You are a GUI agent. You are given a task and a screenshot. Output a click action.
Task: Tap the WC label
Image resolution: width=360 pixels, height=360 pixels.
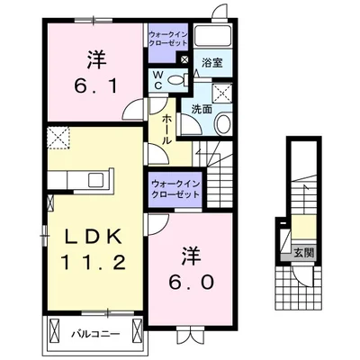point(157,80)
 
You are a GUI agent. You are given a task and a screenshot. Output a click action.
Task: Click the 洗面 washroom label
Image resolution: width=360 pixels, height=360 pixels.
point(201,109)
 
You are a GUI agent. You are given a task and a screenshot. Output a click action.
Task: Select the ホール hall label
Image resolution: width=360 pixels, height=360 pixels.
point(167,129)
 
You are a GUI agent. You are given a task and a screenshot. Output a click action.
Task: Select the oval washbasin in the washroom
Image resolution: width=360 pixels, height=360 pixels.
point(224,124)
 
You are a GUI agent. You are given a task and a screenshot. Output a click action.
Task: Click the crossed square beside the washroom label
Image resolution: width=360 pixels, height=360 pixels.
point(221,93)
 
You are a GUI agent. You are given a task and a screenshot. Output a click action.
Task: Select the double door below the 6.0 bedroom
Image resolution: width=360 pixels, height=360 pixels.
point(190,334)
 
